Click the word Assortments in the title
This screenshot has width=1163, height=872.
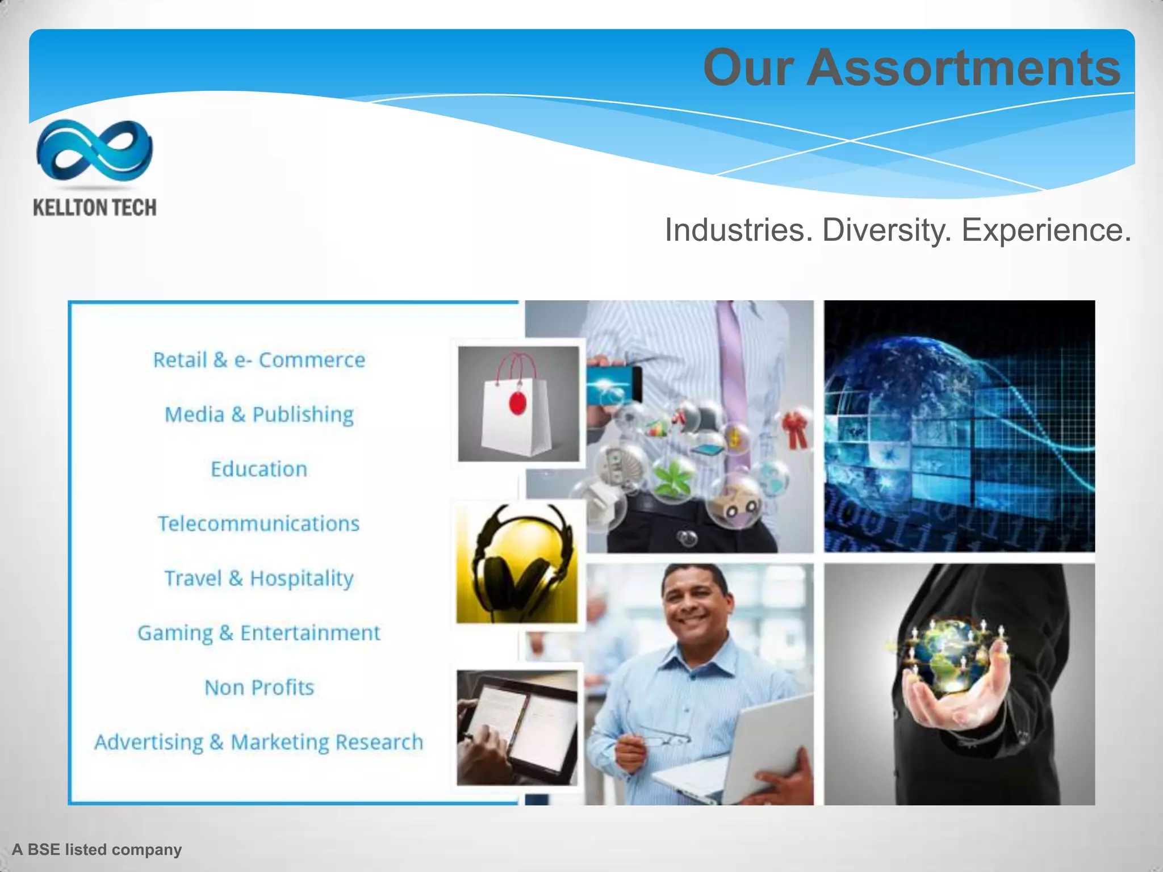pos(963,68)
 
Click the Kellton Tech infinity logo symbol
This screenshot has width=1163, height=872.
pos(94,150)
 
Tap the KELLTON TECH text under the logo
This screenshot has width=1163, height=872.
pos(95,208)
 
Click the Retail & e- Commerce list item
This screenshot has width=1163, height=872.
pos(259,360)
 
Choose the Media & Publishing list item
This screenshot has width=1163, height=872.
pos(259,414)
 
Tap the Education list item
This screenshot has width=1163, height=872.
pos(259,469)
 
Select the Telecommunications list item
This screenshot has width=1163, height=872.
pos(259,524)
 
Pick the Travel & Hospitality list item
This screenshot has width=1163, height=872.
pos(259,578)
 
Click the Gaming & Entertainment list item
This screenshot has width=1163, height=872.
pos(259,633)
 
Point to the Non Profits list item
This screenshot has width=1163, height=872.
pos(259,687)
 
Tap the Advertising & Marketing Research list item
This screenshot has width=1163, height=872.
pos(259,742)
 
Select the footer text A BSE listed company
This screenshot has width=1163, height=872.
pos(97,849)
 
